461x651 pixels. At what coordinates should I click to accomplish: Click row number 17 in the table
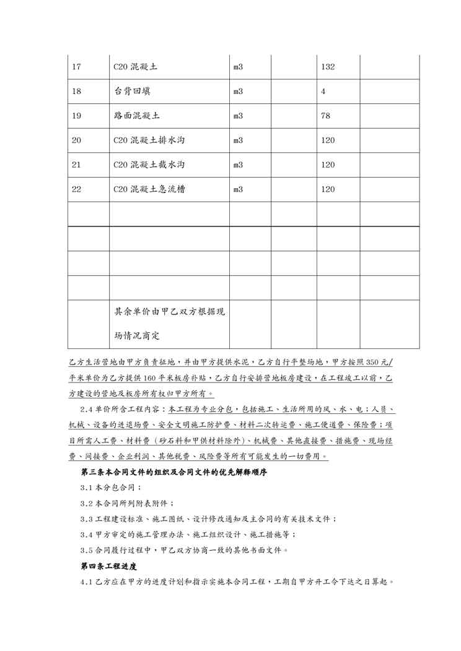pos(77,67)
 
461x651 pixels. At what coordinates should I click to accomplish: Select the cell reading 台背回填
pos(132,92)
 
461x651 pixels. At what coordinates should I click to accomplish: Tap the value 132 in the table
pos(328,67)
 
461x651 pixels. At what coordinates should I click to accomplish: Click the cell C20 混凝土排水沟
pos(149,140)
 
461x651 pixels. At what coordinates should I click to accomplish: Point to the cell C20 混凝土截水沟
pos(149,165)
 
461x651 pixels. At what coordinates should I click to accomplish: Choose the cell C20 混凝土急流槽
pos(149,189)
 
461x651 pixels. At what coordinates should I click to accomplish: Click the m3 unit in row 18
pos(238,92)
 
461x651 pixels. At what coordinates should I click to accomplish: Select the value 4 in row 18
pos(323,92)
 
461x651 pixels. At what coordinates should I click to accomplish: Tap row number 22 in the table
pos(77,189)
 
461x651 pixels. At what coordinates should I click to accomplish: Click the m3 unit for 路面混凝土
pos(238,116)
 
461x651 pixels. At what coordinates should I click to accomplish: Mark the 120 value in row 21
pos(328,165)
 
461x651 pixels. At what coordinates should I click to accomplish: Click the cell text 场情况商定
pos(137,336)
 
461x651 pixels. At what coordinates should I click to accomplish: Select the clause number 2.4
pos(87,410)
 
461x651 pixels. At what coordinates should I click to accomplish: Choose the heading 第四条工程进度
pos(108,566)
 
